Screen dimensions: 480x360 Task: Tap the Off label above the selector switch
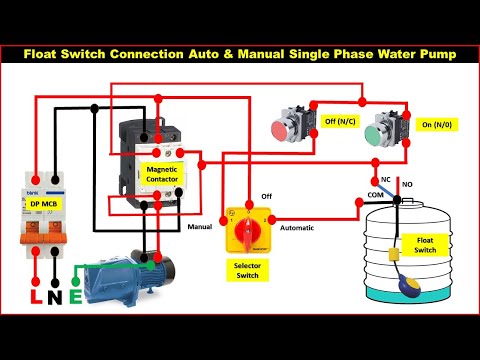(x=267, y=197)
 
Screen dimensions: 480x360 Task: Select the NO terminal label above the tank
(x=407, y=185)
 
